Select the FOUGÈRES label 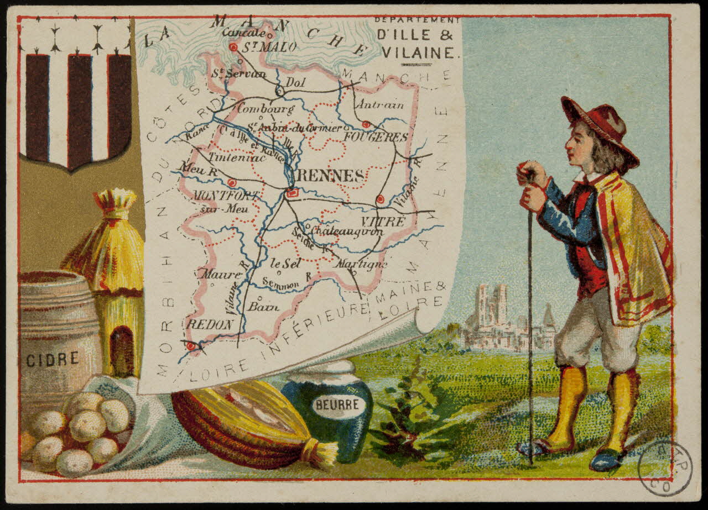[x=376, y=136]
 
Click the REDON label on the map [x=210, y=325]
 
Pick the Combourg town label [x=265, y=108]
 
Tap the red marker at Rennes [x=293, y=193]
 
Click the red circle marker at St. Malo [x=233, y=48]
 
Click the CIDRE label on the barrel [x=53, y=360]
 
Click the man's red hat [x=600, y=124]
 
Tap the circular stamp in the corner [x=664, y=469]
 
